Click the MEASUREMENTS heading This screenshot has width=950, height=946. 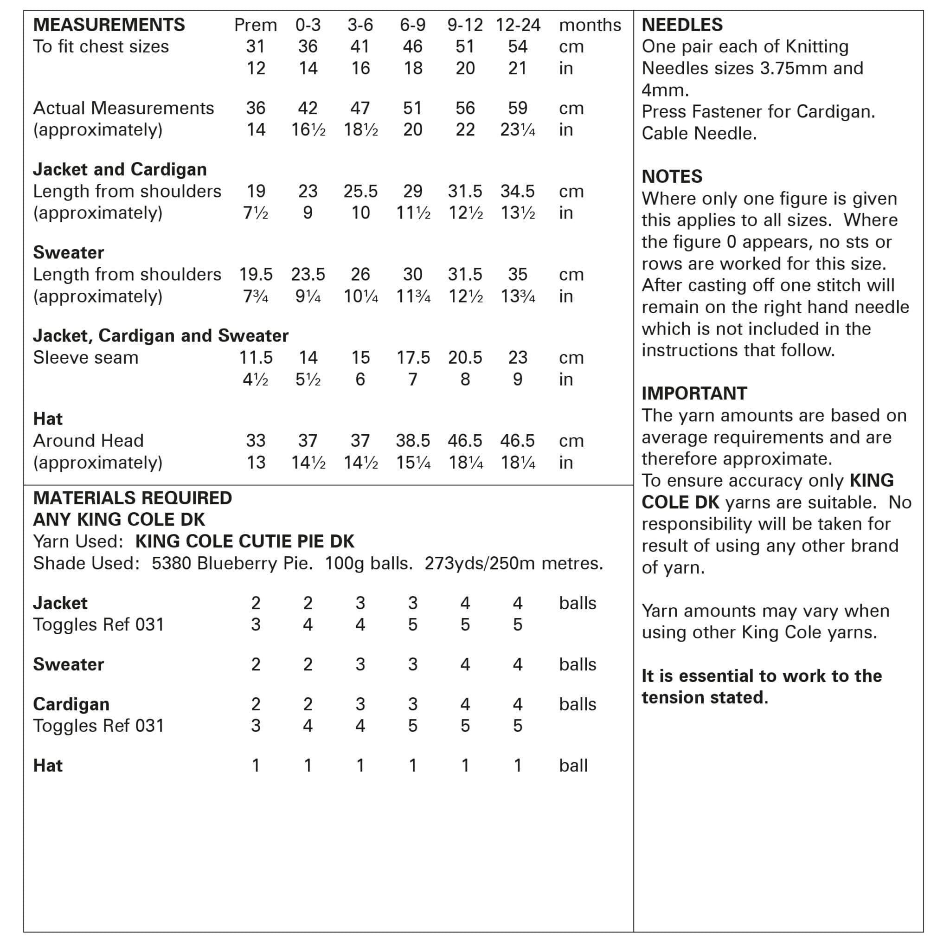[109, 25]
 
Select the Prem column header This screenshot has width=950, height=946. [255, 25]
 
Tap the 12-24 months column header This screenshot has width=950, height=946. [518, 25]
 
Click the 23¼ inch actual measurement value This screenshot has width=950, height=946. [518, 130]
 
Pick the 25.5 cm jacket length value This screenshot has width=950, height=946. [360, 191]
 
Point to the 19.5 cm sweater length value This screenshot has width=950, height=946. [256, 274]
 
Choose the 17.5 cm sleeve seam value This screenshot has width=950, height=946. [413, 357]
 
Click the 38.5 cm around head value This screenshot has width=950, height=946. [413, 441]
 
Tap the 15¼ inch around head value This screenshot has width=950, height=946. [413, 463]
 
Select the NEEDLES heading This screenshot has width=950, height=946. [682, 25]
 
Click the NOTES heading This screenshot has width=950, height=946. [672, 176]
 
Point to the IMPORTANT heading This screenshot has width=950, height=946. [694, 393]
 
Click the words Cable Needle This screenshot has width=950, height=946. [699, 133]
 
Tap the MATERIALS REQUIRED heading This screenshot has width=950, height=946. [132, 498]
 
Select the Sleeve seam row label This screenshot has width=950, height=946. [85, 357]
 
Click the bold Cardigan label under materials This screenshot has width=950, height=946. [71, 704]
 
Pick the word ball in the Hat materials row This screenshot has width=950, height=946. [573, 766]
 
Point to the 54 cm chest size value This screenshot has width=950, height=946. [518, 47]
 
